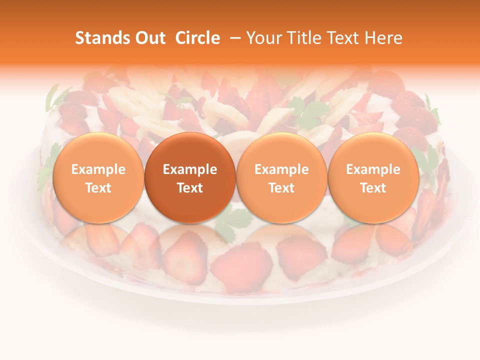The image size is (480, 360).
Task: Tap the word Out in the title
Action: (x=149, y=38)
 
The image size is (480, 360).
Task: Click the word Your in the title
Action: (x=262, y=38)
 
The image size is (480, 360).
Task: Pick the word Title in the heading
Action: (x=302, y=38)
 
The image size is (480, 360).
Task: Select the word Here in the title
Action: (x=383, y=38)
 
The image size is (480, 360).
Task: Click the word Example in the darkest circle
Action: (x=190, y=169)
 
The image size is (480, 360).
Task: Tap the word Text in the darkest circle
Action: (x=190, y=188)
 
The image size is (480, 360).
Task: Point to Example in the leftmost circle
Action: (x=98, y=169)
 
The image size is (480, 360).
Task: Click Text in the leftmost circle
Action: (x=98, y=188)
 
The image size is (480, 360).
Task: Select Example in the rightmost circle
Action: (x=373, y=169)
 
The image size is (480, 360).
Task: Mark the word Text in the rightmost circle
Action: (x=373, y=188)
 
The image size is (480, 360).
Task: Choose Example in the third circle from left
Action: (x=281, y=169)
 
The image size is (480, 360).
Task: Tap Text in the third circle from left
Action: (x=281, y=188)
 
